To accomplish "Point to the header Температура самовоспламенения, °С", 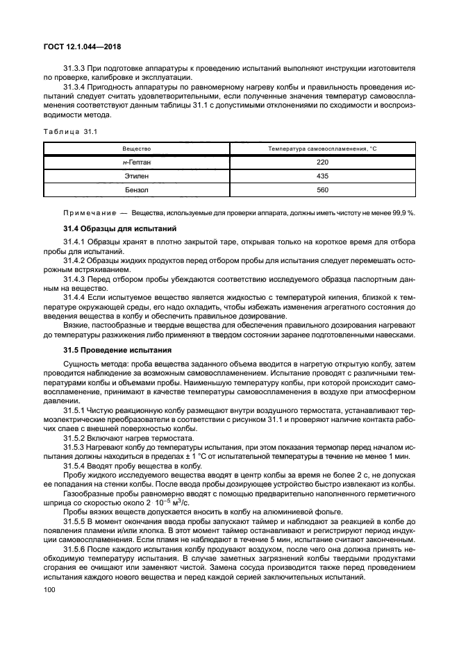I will click(x=322, y=149).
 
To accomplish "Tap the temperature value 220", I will click(x=322, y=162).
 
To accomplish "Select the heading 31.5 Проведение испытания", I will click(x=116, y=350).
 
